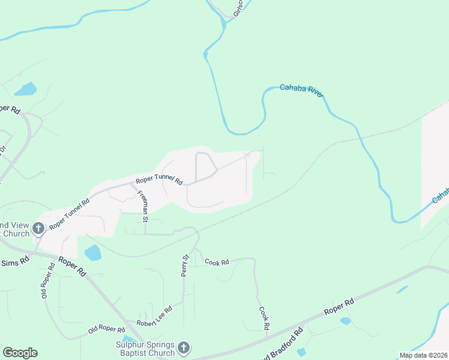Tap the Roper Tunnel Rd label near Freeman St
click(158, 179)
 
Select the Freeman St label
click(143, 206)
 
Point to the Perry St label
click(185, 265)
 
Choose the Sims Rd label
click(14, 262)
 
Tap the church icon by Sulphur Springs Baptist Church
click(184, 347)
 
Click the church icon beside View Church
click(38, 228)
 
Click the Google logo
click(20, 353)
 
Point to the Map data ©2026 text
click(423, 355)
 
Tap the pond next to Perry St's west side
click(93, 253)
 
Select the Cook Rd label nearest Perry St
click(217, 262)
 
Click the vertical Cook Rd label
click(263, 319)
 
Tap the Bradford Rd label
click(289, 342)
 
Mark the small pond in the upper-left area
click(26, 89)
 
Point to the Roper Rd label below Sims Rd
click(72, 266)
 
